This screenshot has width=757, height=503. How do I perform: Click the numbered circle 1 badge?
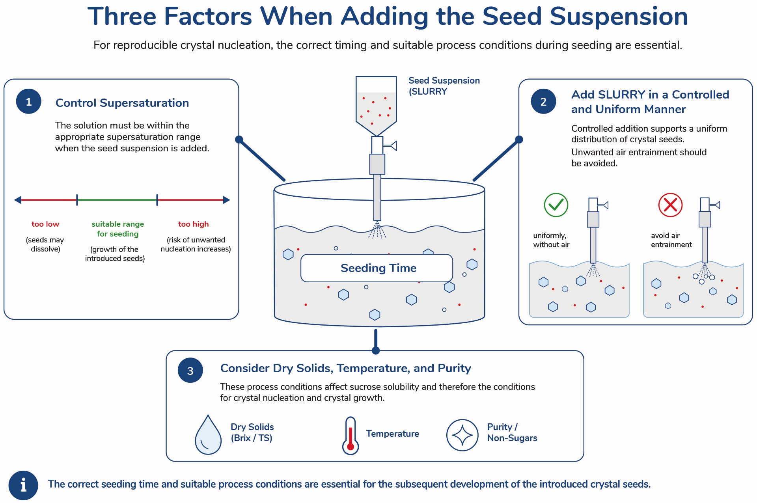click(x=29, y=101)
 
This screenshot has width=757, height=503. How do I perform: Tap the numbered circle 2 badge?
click(x=543, y=101)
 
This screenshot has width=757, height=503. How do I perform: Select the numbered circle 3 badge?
click(x=190, y=371)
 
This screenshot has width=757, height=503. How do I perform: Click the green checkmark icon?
click(x=556, y=205)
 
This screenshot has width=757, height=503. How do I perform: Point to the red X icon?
click(x=670, y=205)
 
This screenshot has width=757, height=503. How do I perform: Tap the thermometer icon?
click(x=350, y=436)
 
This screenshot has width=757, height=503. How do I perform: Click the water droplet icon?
click(x=208, y=435)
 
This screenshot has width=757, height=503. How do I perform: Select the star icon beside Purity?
click(x=462, y=435)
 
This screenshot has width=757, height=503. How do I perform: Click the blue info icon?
click(x=23, y=485)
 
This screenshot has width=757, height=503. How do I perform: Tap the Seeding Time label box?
click(x=377, y=268)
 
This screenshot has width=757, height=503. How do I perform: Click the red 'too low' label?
click(x=45, y=224)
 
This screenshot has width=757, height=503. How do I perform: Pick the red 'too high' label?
click(x=193, y=224)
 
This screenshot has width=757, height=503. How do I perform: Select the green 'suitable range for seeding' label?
click(x=117, y=229)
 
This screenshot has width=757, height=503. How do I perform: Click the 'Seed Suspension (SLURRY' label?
click(x=444, y=86)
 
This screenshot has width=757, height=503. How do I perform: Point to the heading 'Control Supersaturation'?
click(x=122, y=103)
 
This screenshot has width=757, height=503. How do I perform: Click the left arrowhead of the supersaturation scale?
click(x=18, y=200)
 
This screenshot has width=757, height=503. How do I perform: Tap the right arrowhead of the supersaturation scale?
click(x=226, y=200)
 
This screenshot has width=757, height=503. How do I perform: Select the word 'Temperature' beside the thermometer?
click(x=392, y=434)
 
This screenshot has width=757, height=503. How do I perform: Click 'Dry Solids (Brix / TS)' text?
click(x=252, y=432)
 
